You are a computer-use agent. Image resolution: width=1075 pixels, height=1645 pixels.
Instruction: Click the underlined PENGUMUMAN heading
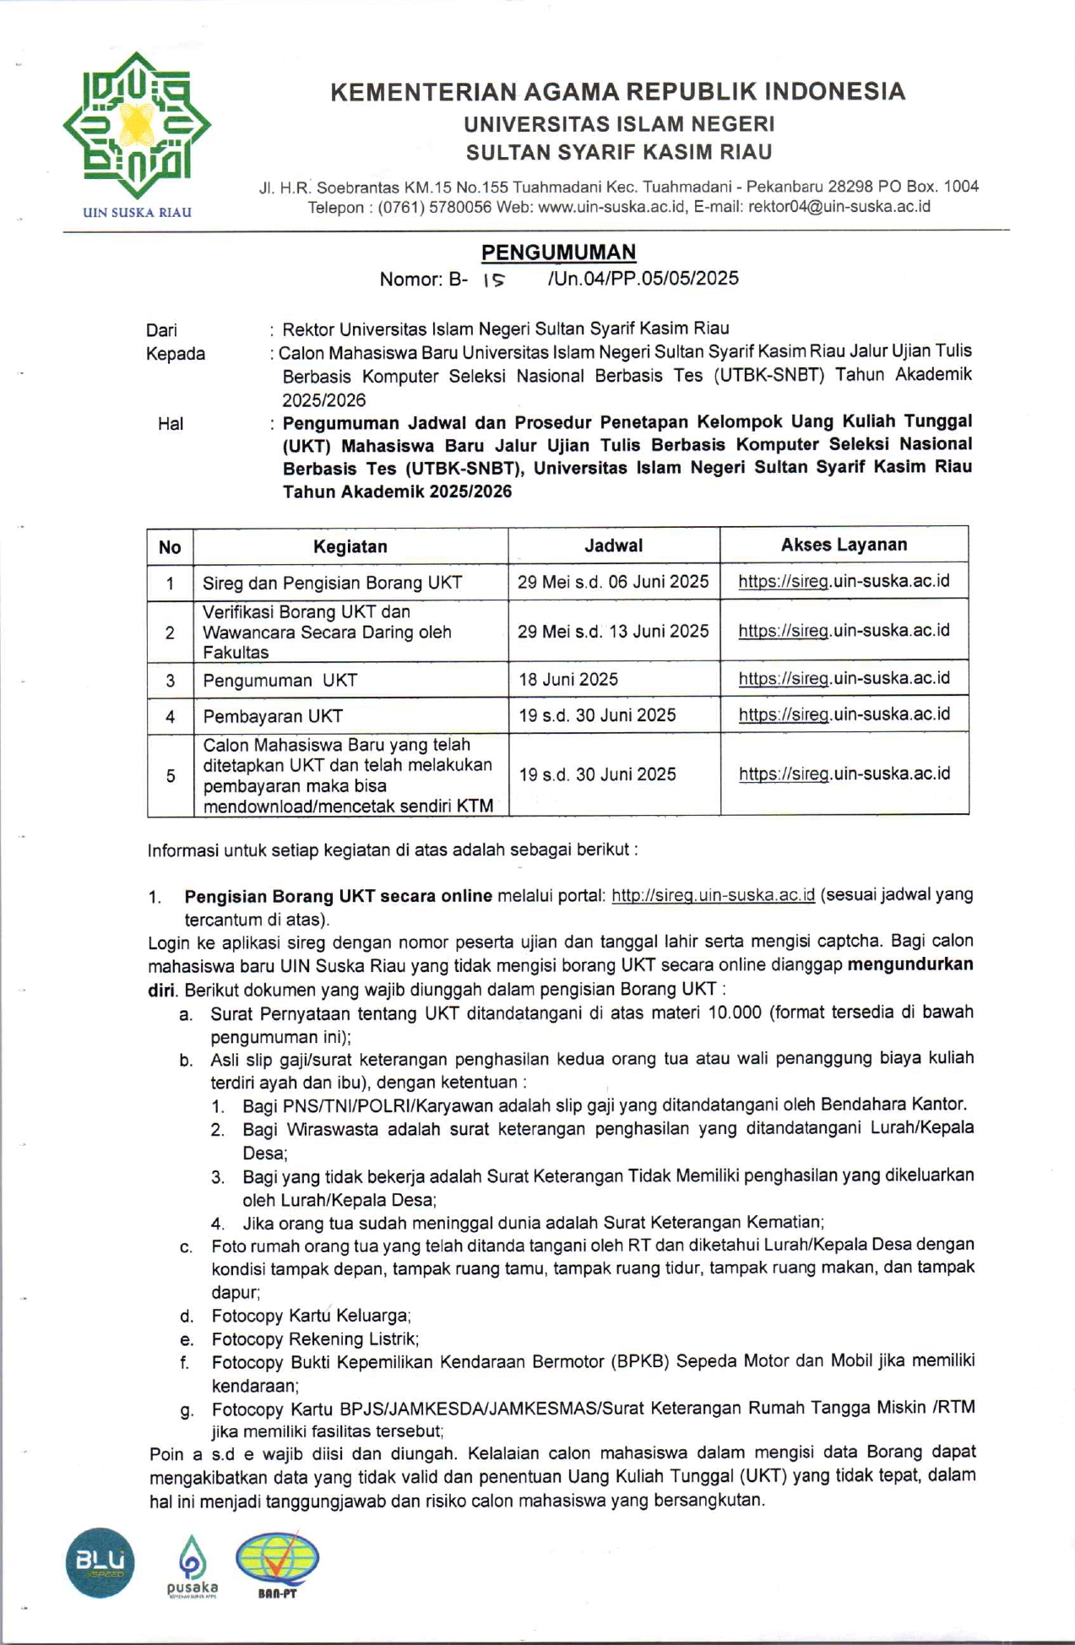click(x=558, y=252)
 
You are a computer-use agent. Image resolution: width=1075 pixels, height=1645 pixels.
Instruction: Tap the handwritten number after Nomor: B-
click(x=493, y=280)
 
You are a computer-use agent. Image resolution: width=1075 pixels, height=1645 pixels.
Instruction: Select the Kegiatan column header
click(x=350, y=546)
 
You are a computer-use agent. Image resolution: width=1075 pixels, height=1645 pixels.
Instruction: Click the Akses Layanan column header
click(x=844, y=545)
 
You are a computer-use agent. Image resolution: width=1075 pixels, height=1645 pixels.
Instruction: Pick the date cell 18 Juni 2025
click(x=568, y=679)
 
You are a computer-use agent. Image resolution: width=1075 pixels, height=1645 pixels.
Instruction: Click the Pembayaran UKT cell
click(x=273, y=716)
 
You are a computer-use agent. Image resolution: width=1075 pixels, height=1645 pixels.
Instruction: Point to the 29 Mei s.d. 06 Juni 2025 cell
click(x=613, y=581)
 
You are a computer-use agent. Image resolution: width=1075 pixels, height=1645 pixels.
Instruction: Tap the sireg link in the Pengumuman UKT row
click(x=844, y=678)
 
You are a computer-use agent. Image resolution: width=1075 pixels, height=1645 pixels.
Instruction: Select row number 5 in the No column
click(x=171, y=775)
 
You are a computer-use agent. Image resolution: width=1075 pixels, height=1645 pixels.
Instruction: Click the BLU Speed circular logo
click(x=100, y=1562)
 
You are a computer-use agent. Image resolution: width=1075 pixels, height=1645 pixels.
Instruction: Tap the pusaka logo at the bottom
click(x=193, y=1567)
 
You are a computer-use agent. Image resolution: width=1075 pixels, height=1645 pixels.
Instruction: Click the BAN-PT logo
click(x=277, y=1564)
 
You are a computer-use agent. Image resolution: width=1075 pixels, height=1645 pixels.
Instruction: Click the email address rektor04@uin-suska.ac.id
click(x=839, y=206)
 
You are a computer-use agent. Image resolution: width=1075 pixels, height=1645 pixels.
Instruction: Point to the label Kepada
click(x=176, y=354)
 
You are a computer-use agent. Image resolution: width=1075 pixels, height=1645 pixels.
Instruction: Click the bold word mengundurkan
click(x=909, y=964)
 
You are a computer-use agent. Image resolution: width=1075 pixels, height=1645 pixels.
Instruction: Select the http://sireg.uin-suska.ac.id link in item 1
click(x=713, y=895)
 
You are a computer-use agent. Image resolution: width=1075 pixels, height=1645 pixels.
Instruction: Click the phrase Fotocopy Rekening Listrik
click(x=315, y=1338)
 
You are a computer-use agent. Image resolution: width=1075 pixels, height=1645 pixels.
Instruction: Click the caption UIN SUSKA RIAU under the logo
click(x=137, y=213)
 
